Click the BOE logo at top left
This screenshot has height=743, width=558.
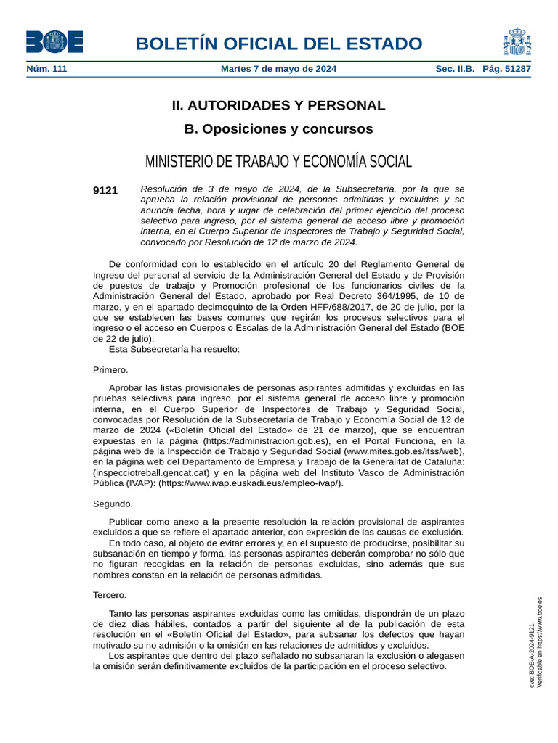[x=54, y=42]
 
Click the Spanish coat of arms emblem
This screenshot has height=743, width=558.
[x=516, y=42]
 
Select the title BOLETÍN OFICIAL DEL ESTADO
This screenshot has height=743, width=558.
[x=278, y=44]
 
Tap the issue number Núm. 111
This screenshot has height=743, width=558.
[x=46, y=69]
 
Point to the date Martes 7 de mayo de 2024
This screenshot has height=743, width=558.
[x=278, y=69]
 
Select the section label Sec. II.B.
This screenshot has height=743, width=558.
[x=455, y=69]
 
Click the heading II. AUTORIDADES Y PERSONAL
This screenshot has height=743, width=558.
[x=278, y=105]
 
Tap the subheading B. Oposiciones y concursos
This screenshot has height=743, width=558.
[x=278, y=129]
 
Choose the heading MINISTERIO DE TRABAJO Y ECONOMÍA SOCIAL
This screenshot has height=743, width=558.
[x=278, y=161]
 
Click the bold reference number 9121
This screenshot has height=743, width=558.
[x=105, y=190]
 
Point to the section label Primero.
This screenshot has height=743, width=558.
[x=110, y=369]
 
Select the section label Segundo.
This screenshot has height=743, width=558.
[x=113, y=504]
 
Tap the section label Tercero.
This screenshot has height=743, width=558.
[x=110, y=595]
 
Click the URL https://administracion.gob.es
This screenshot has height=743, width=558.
[x=267, y=440]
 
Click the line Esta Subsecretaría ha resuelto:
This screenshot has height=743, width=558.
[x=174, y=348]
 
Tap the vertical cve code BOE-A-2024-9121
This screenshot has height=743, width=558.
[x=532, y=657]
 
